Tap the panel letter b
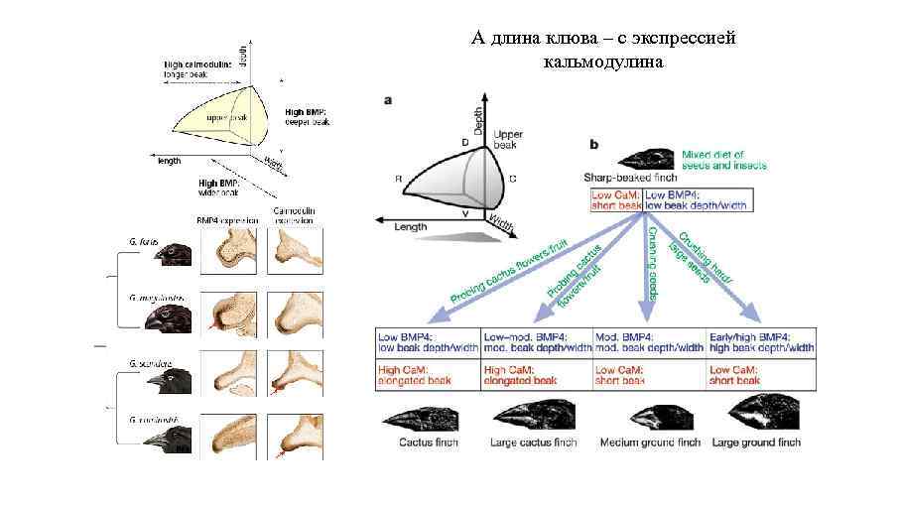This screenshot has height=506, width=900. [x=594, y=145]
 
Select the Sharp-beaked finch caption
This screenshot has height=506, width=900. [x=630, y=176]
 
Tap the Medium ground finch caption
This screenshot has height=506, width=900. [x=650, y=443]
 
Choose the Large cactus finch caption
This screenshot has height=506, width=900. [x=534, y=443]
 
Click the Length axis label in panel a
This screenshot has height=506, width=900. [x=410, y=227]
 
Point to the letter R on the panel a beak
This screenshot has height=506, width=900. [x=398, y=180]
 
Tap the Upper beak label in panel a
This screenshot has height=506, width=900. [x=506, y=140]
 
